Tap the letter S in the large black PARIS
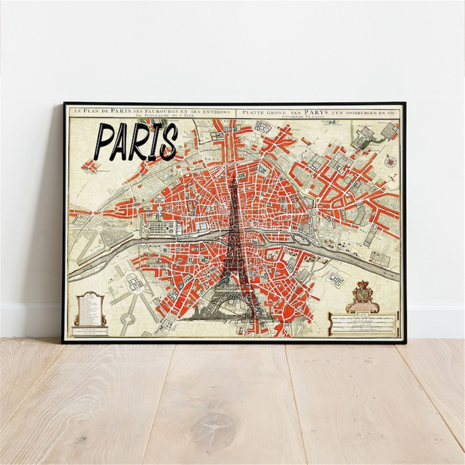point(168,141)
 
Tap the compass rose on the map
point(390,162)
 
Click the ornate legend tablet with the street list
point(90,309)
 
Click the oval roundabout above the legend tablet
point(127,319)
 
